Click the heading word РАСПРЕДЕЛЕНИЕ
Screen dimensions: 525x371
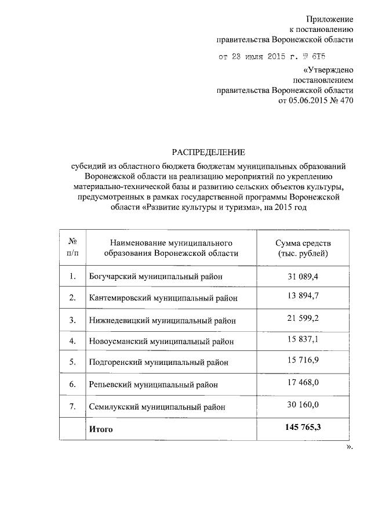(208, 153)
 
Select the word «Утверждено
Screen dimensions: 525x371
(325, 70)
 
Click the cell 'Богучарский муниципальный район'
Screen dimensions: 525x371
(156, 276)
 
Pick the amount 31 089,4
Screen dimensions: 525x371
(304, 276)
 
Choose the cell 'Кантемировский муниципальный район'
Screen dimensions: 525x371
(164, 298)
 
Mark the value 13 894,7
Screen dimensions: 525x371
(304, 297)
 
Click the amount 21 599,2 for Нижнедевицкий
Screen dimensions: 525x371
(304, 319)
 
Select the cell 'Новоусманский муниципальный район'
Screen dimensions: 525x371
(162, 341)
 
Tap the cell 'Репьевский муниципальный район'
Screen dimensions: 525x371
(155, 385)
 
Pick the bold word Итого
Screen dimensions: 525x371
(101, 429)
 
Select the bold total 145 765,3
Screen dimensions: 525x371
(304, 428)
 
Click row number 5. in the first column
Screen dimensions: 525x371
(73, 363)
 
